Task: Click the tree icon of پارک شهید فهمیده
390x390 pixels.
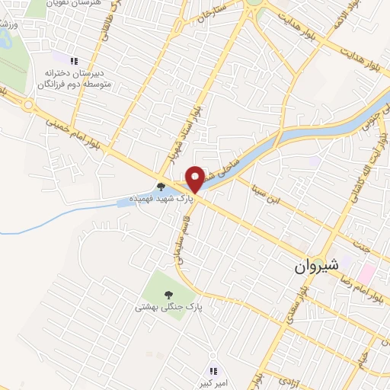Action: (161, 186)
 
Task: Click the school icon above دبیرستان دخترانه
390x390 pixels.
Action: (74, 61)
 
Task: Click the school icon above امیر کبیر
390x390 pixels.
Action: (214, 371)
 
